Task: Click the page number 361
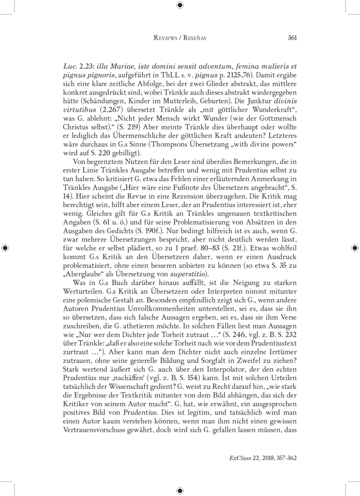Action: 291,38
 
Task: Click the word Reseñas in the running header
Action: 194,38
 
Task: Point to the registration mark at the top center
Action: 180,5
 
